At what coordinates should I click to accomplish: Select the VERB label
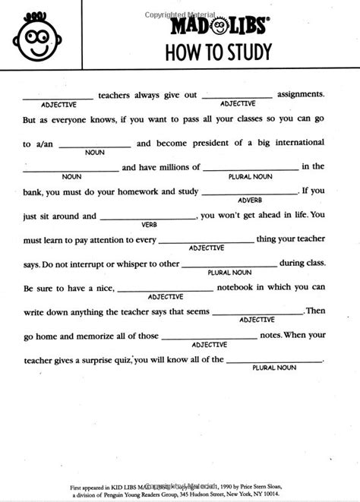[x=149, y=223]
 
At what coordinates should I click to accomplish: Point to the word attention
[x=118, y=239]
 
